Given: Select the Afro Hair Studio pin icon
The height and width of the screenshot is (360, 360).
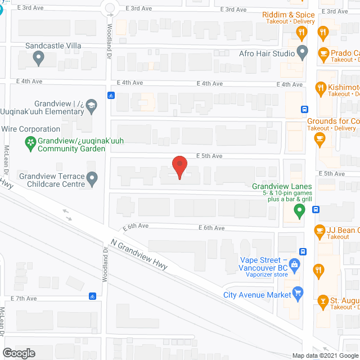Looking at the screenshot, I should coord(303,53).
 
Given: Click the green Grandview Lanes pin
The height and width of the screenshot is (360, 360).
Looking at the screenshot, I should coord(300,211).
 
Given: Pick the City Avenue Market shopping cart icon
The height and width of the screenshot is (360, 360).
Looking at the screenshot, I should coord(298,293).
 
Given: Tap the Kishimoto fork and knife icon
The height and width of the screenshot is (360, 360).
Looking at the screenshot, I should coord(321,87).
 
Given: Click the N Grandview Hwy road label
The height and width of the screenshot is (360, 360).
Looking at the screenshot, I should coord(139,254).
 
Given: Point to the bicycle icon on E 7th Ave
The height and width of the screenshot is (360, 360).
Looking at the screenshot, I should coord(92,296).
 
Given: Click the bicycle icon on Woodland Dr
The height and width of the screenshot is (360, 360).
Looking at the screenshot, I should coord(111,94).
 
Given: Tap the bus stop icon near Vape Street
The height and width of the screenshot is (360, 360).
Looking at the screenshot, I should coord(303,251).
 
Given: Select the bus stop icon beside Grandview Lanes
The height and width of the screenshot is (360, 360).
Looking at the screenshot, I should coord(316,210).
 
